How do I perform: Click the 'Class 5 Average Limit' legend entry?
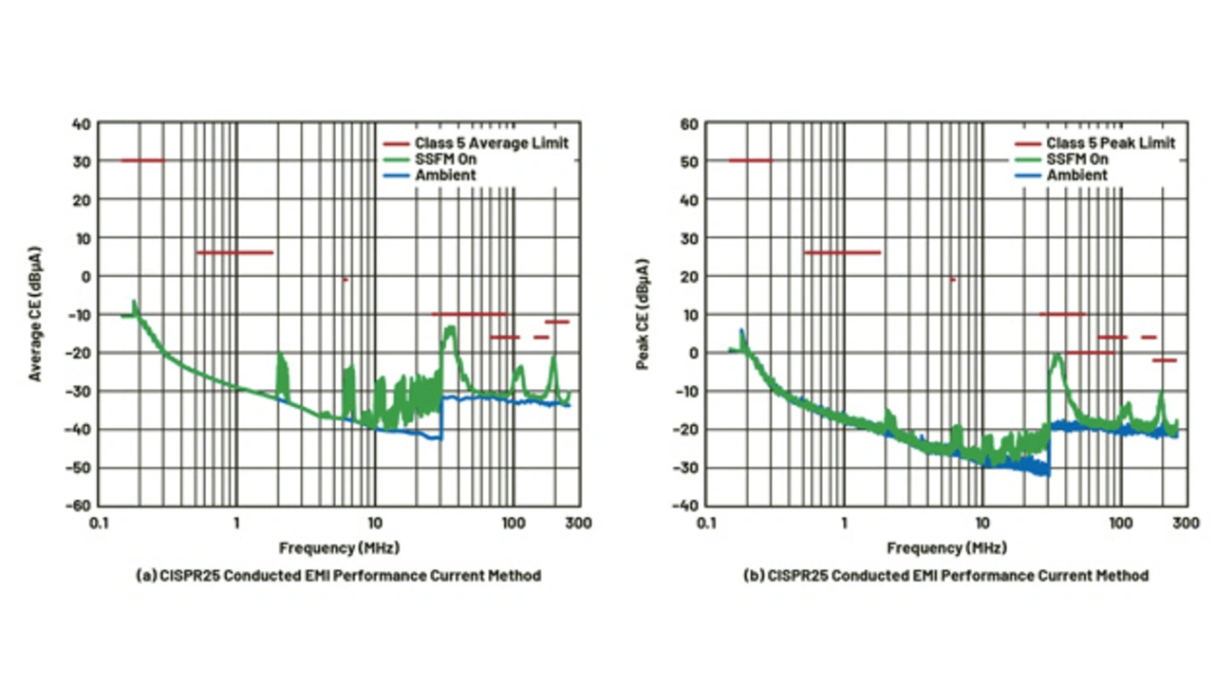(x=491, y=143)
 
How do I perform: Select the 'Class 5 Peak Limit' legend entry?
(x=1111, y=143)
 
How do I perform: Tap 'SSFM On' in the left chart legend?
(x=445, y=159)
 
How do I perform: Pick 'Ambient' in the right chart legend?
(x=1076, y=176)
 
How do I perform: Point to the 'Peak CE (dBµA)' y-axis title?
(x=643, y=314)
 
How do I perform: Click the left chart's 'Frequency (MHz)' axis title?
(x=339, y=547)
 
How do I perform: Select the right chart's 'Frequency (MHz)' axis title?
(x=946, y=547)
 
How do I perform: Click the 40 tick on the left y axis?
(x=82, y=123)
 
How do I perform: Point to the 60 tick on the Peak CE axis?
(x=690, y=123)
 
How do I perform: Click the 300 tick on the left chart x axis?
(x=579, y=523)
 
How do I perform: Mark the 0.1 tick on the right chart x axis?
(x=706, y=523)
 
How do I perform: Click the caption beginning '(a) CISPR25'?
(x=339, y=575)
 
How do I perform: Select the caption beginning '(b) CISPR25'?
(x=946, y=575)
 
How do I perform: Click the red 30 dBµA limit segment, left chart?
(x=142, y=160)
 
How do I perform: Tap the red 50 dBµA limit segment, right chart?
(x=750, y=160)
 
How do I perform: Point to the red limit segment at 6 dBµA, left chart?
(x=234, y=252)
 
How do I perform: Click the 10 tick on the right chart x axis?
(x=983, y=523)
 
